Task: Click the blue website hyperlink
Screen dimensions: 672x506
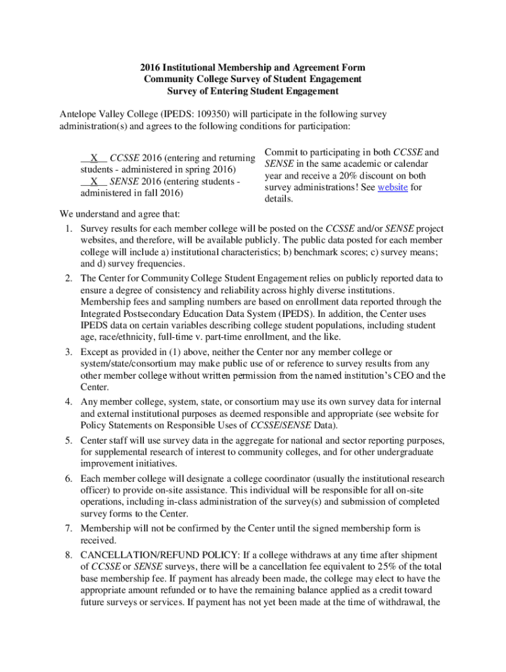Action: point(392,188)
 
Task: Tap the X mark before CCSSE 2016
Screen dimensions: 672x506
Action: point(95,158)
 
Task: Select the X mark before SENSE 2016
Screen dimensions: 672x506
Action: point(95,182)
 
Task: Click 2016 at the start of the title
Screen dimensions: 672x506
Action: point(150,68)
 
